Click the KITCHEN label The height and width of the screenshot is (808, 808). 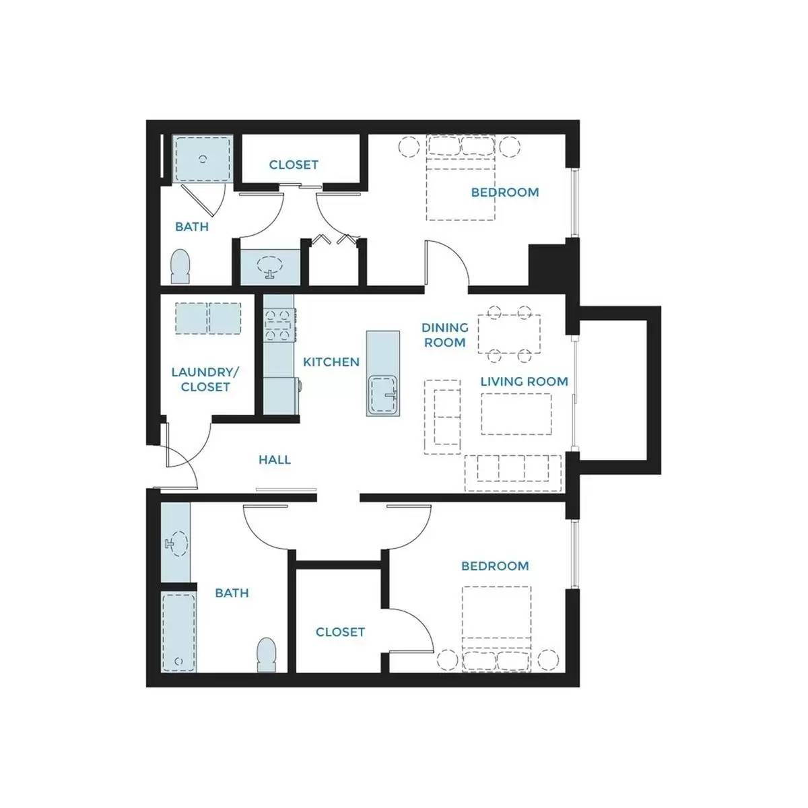tap(331, 362)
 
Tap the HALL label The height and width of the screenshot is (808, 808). tap(275, 460)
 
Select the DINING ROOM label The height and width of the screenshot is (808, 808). tap(445, 335)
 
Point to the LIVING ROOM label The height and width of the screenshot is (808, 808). tap(524, 382)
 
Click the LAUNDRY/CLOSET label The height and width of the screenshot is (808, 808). tap(205, 380)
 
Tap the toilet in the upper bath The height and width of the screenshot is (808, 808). tap(180, 267)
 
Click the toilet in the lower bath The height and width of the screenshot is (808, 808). tap(266, 655)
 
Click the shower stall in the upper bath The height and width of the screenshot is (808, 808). tap(203, 159)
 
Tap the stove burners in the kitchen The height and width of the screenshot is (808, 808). tap(277, 324)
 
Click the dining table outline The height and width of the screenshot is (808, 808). tap(509, 334)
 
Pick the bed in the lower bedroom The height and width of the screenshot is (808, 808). tap(496, 629)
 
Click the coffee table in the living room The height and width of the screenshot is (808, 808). tap(516, 414)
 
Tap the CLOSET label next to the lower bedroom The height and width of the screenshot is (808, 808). tap(340, 632)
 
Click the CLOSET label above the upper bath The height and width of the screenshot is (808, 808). tap(294, 165)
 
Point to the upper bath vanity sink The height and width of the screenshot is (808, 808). tap(270, 267)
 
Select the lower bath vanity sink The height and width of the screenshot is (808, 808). tap(178, 544)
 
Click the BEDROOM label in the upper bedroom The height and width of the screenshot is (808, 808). tap(505, 193)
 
